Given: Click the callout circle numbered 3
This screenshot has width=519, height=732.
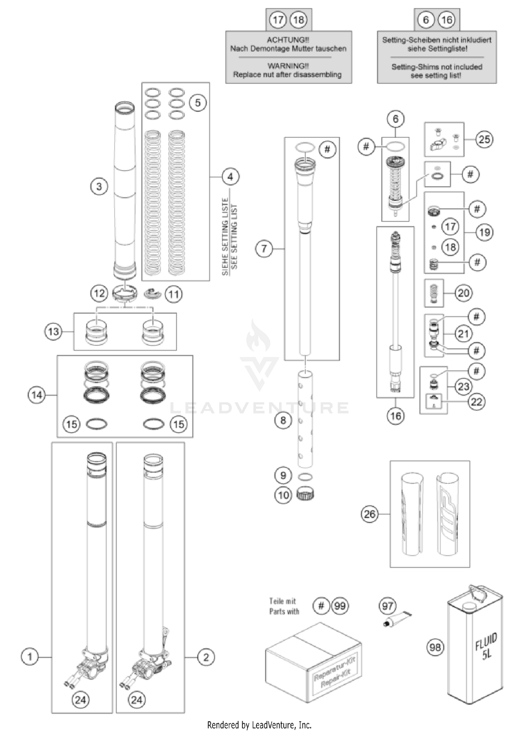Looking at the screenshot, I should click(x=99, y=187).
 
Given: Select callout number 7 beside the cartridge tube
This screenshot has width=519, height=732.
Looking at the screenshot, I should click(x=264, y=248).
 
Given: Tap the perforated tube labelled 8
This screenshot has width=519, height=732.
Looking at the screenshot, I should click(x=305, y=419).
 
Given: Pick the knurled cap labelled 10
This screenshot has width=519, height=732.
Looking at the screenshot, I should click(x=305, y=494).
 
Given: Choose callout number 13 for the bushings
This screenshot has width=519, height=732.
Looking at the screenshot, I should click(x=53, y=332).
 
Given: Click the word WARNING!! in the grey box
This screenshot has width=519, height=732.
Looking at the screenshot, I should click(x=288, y=66).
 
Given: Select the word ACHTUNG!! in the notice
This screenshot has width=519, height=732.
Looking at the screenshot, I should click(x=288, y=40).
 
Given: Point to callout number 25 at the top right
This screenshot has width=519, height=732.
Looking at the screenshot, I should click(x=484, y=139).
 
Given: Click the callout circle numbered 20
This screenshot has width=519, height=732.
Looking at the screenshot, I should click(x=463, y=293).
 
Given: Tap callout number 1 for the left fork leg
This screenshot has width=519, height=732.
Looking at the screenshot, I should click(x=30, y=657).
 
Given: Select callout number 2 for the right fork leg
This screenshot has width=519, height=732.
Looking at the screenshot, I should click(x=206, y=657).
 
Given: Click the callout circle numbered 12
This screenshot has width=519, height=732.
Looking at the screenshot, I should click(x=99, y=293).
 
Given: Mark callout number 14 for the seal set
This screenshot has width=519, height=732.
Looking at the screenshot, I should click(x=37, y=395).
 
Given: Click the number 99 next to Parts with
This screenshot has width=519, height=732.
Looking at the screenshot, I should click(x=340, y=606).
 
